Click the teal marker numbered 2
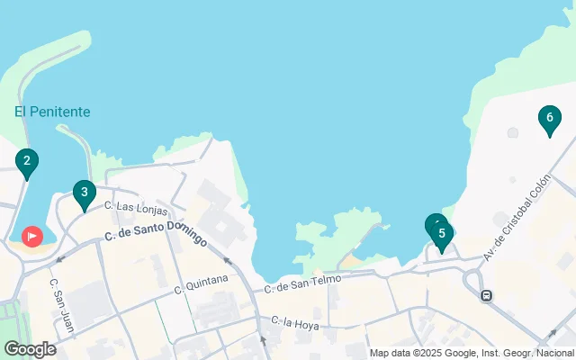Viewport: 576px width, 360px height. pyautogui.click(x=27, y=162)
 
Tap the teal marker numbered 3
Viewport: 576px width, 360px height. pyautogui.click(x=84, y=192)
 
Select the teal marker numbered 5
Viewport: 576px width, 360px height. pyautogui.click(x=441, y=233)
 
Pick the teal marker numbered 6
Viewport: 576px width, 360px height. pyautogui.click(x=549, y=117)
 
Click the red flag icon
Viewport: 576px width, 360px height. pyautogui.click(x=31, y=237)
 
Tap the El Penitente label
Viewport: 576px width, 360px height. pyautogui.click(x=52, y=112)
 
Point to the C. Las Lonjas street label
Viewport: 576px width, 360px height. pyautogui.click(x=136, y=209)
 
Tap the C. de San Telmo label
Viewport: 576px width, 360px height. pyautogui.click(x=303, y=284)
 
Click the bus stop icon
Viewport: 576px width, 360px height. pyautogui.click(x=487, y=295)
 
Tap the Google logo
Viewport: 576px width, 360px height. pyautogui.click(x=30, y=349)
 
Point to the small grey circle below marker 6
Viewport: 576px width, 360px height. pyautogui.click(x=513, y=133)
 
